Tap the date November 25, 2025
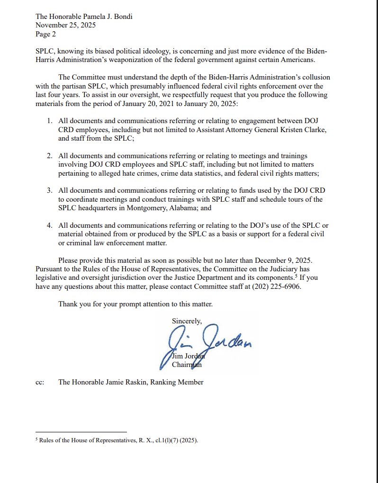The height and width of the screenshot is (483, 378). pos(66,25)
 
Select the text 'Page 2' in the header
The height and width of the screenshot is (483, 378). pos(46,34)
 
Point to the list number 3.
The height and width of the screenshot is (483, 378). pos(49,190)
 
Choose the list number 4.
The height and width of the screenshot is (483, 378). pos(49,224)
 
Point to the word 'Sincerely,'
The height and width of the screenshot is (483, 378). pos(187,321)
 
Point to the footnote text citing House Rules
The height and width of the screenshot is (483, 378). pos(118,440)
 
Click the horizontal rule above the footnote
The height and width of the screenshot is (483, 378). pos(81,432)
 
